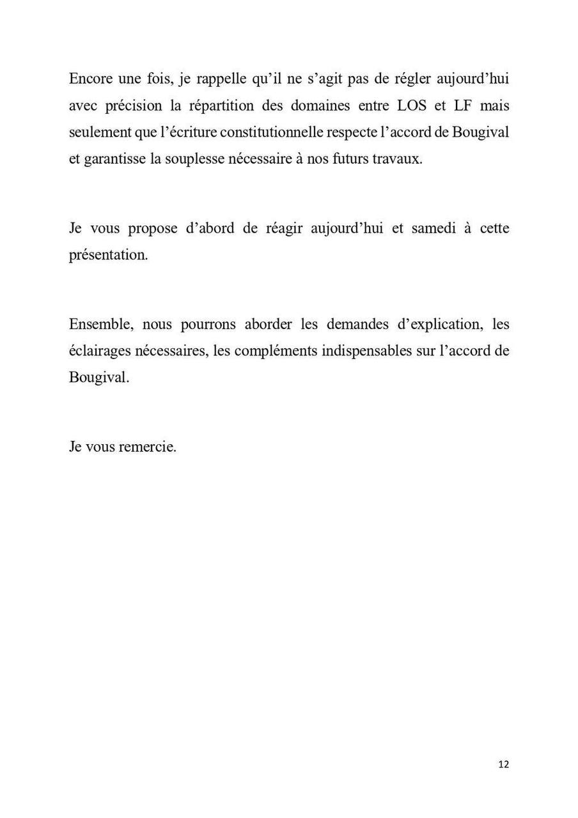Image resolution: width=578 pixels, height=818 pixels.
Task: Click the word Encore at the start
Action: point(90,79)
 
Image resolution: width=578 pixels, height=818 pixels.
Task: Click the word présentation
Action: point(108,255)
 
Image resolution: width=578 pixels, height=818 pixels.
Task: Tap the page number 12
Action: point(503,764)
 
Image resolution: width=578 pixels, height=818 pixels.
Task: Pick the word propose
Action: point(152,229)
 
